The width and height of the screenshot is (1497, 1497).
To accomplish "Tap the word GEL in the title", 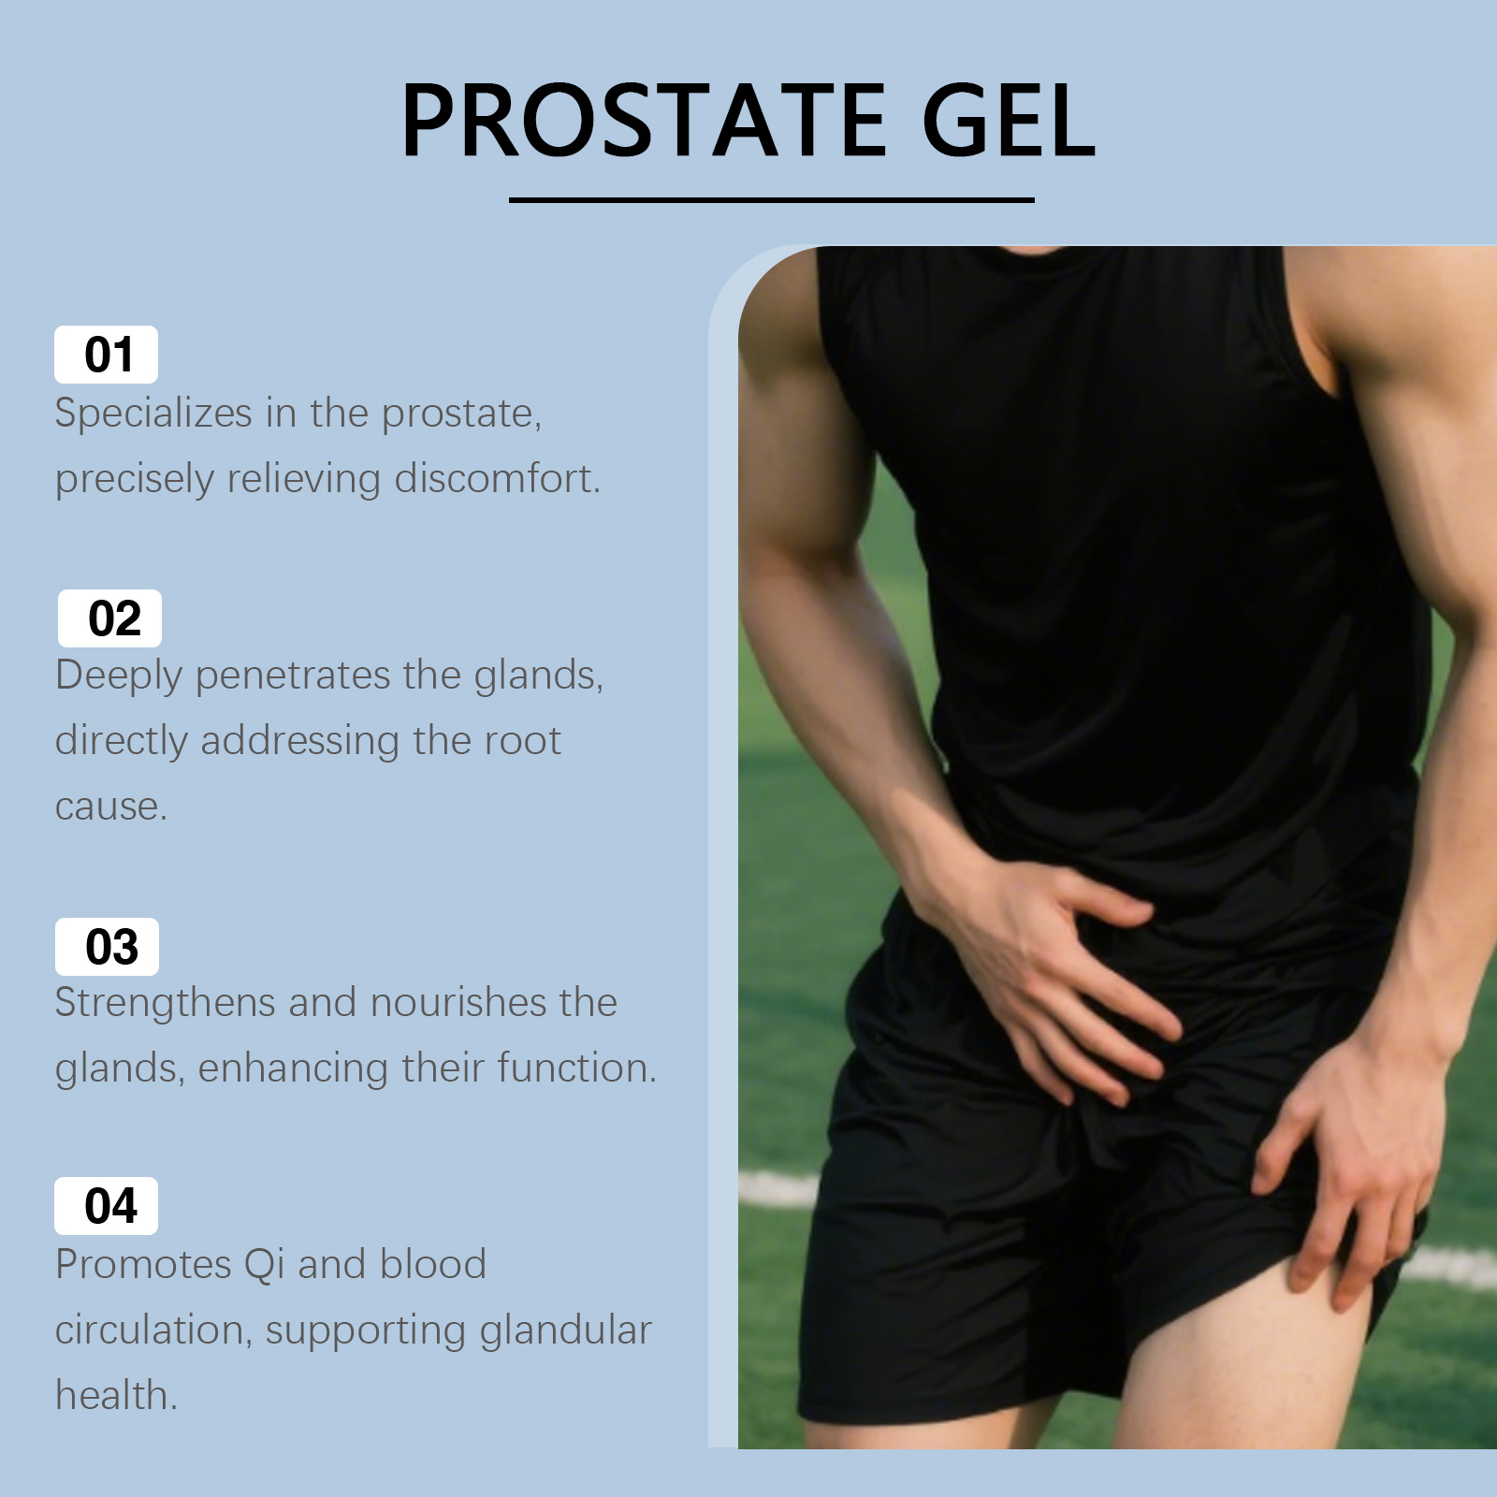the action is [x=1009, y=121].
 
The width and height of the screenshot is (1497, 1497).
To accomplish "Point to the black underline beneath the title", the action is [x=771, y=199].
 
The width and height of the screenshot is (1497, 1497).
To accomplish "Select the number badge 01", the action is [x=106, y=355].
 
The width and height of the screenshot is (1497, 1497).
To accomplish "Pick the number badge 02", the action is [x=109, y=618].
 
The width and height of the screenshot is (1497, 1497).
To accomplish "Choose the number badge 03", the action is [x=107, y=947].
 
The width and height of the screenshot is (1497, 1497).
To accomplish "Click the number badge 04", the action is [x=106, y=1206].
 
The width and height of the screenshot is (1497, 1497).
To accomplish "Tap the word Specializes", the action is [x=153, y=414].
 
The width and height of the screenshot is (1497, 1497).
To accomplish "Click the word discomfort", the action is [x=497, y=478].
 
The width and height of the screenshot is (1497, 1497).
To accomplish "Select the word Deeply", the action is [x=119, y=676].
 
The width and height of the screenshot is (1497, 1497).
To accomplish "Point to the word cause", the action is [x=111, y=807].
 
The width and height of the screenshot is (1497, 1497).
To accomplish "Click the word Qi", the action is [x=264, y=1265].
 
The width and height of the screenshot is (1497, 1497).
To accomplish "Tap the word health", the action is [x=116, y=1395].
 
